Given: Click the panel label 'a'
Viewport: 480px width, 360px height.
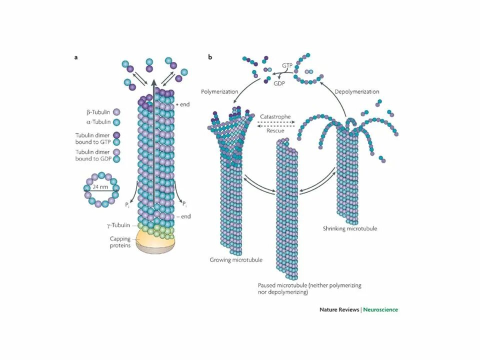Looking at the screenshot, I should point(76,57).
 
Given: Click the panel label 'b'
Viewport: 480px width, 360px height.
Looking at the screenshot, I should point(210,57).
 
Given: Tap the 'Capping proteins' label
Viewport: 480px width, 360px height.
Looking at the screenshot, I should point(120,242).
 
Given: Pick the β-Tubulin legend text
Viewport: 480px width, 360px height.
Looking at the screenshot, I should point(98,112).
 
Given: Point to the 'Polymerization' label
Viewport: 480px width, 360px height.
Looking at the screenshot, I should point(220,92).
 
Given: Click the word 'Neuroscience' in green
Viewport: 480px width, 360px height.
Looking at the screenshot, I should point(380,309).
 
